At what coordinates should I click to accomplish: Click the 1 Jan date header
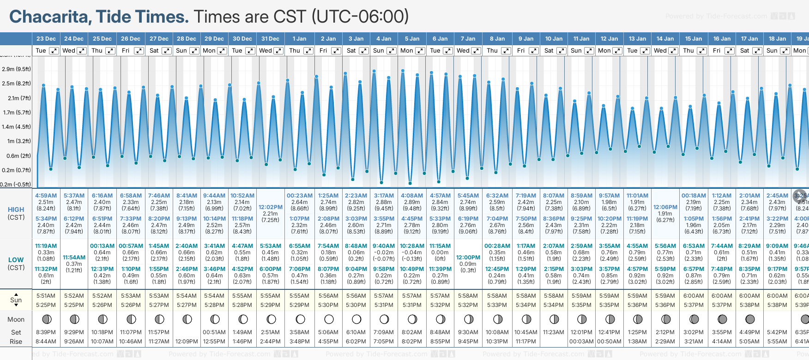[299, 39]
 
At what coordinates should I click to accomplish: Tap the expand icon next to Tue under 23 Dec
[54, 51]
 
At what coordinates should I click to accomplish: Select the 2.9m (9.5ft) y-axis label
[16, 69]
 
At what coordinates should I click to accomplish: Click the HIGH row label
[16, 210]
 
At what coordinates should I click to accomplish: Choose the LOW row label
[16, 260]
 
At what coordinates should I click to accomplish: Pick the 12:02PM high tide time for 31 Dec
[270, 207]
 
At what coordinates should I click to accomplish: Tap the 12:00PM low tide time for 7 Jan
[468, 258]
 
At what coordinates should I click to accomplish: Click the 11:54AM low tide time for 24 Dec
[74, 258]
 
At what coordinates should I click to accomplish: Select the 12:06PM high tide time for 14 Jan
[665, 207]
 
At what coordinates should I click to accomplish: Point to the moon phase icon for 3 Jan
[356, 319]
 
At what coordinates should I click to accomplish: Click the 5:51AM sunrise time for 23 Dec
[46, 296]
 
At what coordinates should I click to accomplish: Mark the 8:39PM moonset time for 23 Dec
[46, 332]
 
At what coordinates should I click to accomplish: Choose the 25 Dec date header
[102, 39]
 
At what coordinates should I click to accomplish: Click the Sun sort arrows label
[16, 300]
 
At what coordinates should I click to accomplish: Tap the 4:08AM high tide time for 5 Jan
[412, 196]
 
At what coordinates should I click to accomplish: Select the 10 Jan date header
[554, 39]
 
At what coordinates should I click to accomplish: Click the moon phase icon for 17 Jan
[750, 319]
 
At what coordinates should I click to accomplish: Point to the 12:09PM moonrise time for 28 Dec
[187, 342]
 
